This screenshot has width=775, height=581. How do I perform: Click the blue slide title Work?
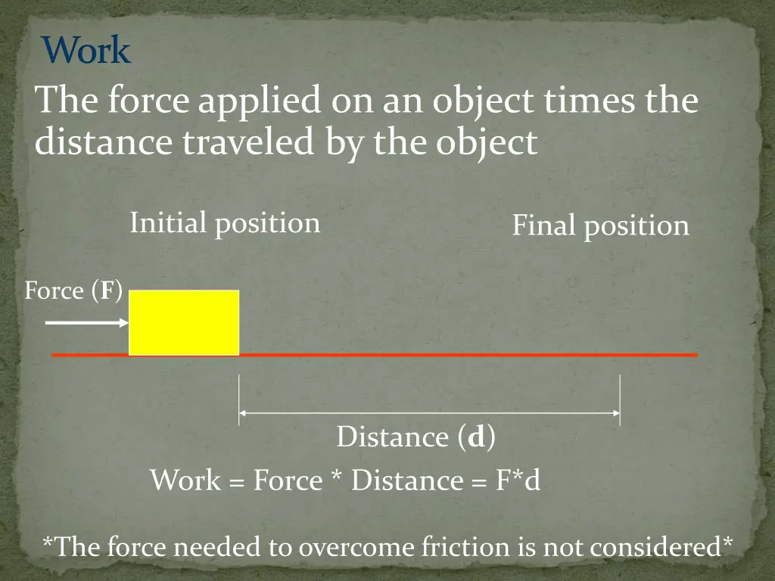click(x=86, y=51)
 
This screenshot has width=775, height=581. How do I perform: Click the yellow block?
click(x=184, y=322)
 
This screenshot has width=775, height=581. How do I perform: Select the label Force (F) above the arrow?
click(x=73, y=290)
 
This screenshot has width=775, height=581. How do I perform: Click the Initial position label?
click(x=225, y=223)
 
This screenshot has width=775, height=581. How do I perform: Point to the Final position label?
click(x=600, y=226)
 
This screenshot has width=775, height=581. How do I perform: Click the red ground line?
click(x=469, y=355)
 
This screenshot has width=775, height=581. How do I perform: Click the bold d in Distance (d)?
click(x=476, y=437)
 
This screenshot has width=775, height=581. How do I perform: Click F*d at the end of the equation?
click(x=518, y=480)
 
